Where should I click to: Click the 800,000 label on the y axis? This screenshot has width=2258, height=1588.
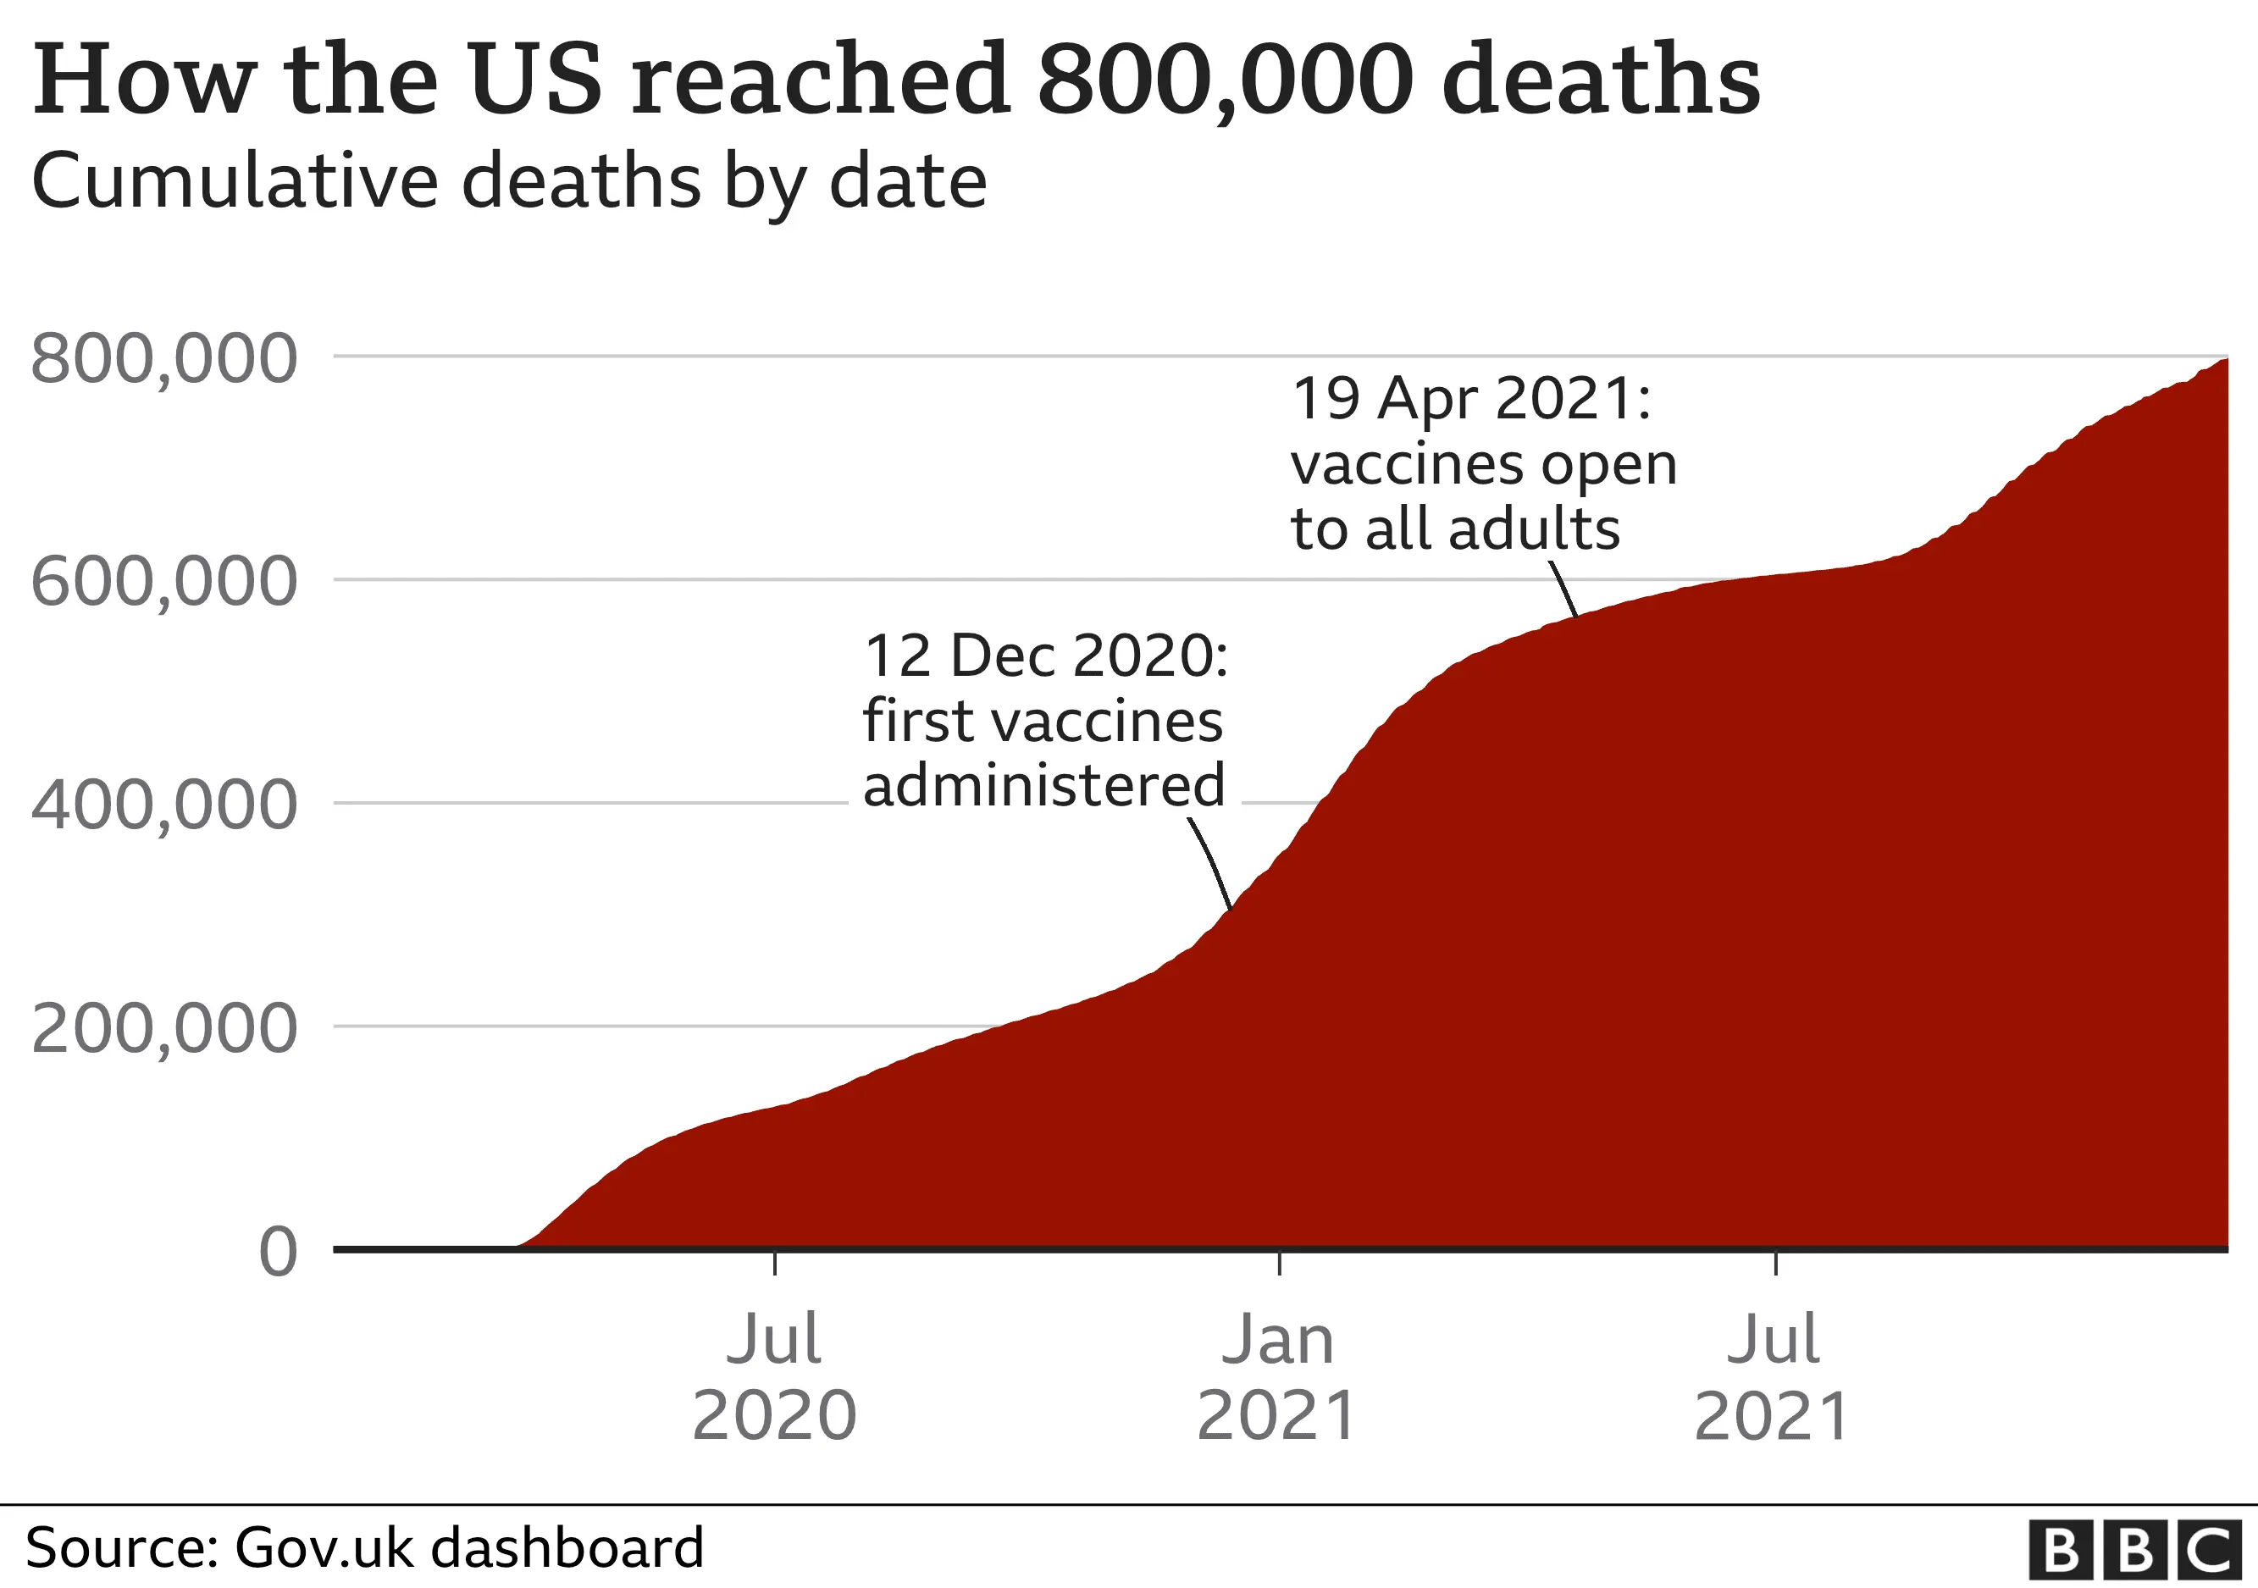click(x=163, y=360)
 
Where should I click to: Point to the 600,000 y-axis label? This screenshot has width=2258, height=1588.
click(x=163, y=582)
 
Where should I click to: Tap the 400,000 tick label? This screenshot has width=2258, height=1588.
click(x=163, y=805)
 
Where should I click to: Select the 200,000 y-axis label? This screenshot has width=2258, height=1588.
click(x=163, y=1028)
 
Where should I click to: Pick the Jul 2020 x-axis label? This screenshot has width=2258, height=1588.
click(x=774, y=1376)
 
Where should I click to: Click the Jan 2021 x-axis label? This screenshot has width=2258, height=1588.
click(x=1277, y=1376)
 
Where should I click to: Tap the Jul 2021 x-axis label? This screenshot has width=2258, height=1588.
click(x=1774, y=1376)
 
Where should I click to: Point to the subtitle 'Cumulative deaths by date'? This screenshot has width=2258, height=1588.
click(x=508, y=182)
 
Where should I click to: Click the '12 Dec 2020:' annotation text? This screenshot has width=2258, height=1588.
click(x=1045, y=656)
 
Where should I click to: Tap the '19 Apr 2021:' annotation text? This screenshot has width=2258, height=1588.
click(x=1471, y=399)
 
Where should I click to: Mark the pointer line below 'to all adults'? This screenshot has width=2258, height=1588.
click(x=1563, y=589)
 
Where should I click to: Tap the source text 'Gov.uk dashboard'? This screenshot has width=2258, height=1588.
click(x=468, y=1547)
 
